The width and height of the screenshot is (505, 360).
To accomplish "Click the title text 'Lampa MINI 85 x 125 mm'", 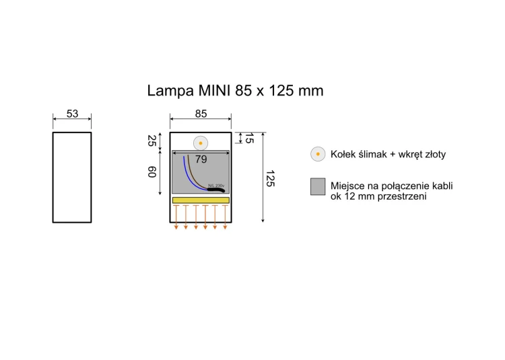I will pos(235,90).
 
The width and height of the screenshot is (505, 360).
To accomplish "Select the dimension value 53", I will pos(72,114).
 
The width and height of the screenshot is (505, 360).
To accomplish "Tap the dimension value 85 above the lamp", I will pos(201,114).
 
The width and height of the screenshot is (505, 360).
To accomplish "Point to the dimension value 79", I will pos(201,159).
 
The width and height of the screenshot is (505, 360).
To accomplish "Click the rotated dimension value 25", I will pos(151,142).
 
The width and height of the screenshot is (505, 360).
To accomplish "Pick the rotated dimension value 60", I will pos(151,173).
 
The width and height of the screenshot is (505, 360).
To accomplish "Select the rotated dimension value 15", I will pos(248,139).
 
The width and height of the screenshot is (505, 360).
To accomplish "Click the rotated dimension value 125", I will pos(270,179).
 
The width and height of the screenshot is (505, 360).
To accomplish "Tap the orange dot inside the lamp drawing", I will pos(201,143).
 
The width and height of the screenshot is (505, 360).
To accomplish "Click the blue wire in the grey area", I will pos(187,172).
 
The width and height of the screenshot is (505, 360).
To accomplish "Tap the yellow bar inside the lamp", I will pos(201,200).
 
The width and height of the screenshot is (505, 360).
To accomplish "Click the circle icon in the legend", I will pos(318,154).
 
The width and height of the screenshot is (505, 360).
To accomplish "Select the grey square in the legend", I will pos(318,187).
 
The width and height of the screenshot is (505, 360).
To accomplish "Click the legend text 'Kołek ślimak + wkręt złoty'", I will pos(388,154).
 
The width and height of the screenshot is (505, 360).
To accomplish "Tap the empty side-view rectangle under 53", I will pos(72,177).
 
